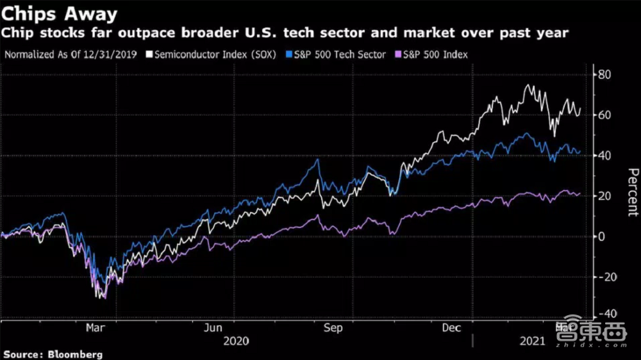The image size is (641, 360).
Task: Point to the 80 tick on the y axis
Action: [604, 75]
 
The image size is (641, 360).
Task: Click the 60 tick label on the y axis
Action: [604, 115]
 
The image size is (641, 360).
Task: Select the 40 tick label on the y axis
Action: [604, 156]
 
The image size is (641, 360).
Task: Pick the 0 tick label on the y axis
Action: [601, 236]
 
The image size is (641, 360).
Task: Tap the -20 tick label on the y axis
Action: [606, 277]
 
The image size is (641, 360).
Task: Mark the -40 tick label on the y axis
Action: [606, 315]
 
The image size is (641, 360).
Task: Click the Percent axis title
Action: [632, 192]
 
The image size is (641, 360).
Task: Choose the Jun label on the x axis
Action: [213, 328]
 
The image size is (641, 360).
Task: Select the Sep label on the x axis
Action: [333, 328]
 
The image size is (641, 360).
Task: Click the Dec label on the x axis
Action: [453, 328]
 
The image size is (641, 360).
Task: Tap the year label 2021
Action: [532, 341]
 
